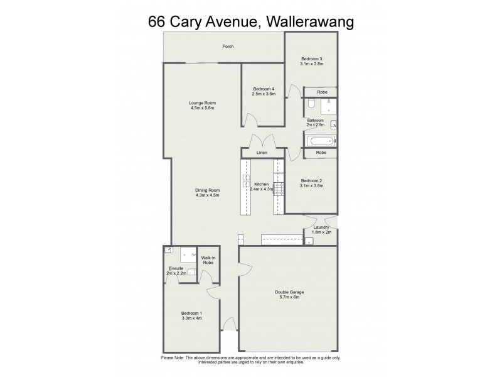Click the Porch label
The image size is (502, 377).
tap(228, 46)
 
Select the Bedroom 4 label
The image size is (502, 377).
tap(264, 89)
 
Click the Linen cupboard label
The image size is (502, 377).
tap(262, 153)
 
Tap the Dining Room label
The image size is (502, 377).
tap(207, 190)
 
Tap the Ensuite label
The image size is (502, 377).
tap(176, 268)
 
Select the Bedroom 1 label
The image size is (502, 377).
tap(192, 313)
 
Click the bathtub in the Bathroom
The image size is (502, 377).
tap(319, 141)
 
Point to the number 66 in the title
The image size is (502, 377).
tap(157, 21)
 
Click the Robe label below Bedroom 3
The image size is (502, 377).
tap(321, 92)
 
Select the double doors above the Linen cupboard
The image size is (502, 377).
tap(262, 141)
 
